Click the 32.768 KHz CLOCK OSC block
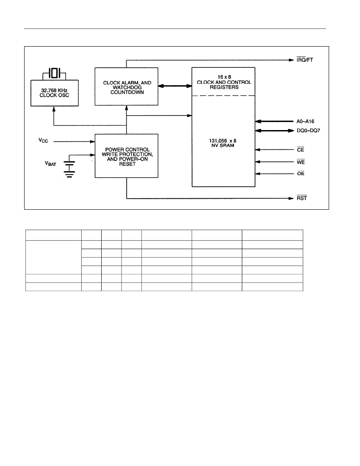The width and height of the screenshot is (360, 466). (x=55, y=93)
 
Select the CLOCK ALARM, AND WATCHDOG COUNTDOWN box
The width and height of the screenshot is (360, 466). (x=126, y=86)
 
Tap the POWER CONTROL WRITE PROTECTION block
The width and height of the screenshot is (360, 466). (x=126, y=156)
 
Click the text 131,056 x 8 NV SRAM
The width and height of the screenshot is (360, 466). (x=223, y=143)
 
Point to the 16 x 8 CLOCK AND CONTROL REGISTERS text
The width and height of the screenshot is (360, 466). (x=224, y=82)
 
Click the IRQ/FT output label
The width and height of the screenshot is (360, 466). (x=305, y=60)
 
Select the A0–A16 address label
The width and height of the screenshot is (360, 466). (x=305, y=121)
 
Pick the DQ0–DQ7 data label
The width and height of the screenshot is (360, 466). (x=308, y=130)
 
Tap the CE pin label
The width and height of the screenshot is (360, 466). (x=301, y=150)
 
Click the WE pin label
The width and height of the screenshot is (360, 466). (x=301, y=162)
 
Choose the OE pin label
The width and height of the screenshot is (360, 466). (x=301, y=173)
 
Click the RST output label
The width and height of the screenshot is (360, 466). (x=302, y=198)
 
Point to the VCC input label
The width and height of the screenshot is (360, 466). (x=43, y=140)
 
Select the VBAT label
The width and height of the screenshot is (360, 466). (x=50, y=164)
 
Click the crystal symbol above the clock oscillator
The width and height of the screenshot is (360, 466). (x=54, y=73)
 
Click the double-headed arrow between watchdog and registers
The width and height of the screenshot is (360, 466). (x=175, y=86)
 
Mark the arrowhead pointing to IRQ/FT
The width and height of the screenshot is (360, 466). (x=291, y=60)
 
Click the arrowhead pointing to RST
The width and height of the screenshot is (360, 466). (x=291, y=198)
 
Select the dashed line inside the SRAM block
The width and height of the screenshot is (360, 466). (x=223, y=96)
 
